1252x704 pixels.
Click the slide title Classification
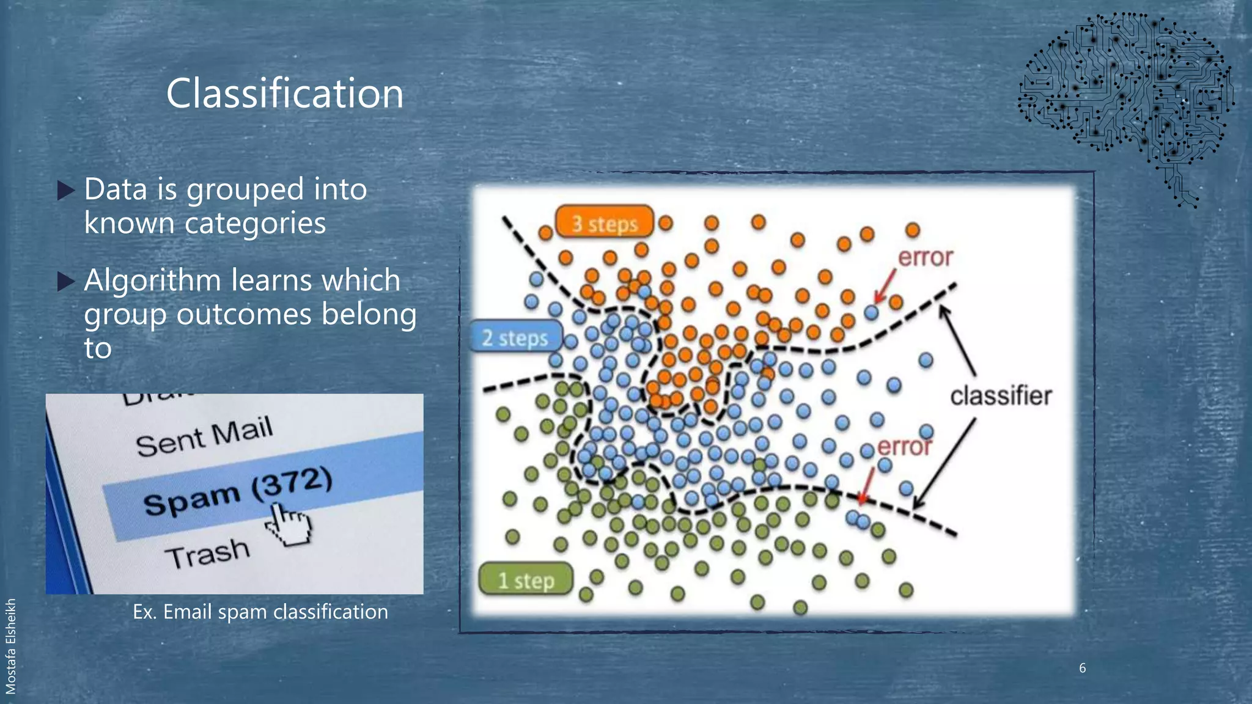click(x=285, y=94)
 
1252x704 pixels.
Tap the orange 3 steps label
click(x=604, y=223)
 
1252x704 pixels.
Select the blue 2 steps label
click(x=515, y=337)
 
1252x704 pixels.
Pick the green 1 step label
click(x=526, y=580)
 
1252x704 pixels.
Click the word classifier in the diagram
click(x=1000, y=396)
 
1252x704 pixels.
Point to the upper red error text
click(x=925, y=257)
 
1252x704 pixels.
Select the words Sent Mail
click(x=204, y=436)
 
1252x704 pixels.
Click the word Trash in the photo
click(x=207, y=554)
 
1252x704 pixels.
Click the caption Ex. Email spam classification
click(x=260, y=612)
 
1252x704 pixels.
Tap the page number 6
click(x=1082, y=668)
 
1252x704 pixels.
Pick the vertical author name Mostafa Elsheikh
click(x=10, y=646)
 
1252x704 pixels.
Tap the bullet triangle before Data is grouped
click(x=65, y=191)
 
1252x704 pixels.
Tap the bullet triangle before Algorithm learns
click(x=65, y=282)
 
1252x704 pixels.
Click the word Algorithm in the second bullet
click(x=152, y=280)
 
